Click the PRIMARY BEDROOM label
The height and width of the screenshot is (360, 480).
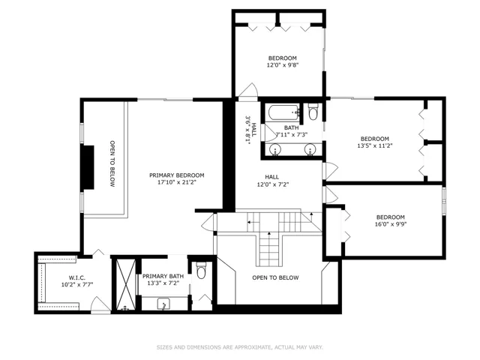(x=177, y=175)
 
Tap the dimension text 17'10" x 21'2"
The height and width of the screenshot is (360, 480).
(x=177, y=182)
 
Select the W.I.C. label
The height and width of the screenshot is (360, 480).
(x=76, y=277)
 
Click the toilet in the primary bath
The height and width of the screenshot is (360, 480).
(x=201, y=270)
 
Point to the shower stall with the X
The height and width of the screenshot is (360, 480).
(x=126, y=283)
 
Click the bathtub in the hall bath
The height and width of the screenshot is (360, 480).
(x=283, y=112)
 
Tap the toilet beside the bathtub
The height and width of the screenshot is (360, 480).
(x=313, y=112)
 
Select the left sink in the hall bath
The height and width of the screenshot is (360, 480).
(x=275, y=149)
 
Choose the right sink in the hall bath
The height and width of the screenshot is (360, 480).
(x=310, y=149)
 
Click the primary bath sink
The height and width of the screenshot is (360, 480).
(x=163, y=304)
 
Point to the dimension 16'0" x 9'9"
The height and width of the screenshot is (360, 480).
(x=391, y=224)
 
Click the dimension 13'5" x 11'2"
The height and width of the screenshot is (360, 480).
(x=375, y=145)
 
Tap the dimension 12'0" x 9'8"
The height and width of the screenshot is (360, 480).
(x=283, y=65)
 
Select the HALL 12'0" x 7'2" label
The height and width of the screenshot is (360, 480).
(x=271, y=181)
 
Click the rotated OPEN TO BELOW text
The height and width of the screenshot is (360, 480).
(x=112, y=163)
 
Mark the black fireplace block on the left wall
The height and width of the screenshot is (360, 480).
(x=88, y=167)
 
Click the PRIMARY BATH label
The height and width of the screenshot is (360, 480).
(x=163, y=276)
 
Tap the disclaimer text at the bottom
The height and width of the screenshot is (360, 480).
(x=240, y=347)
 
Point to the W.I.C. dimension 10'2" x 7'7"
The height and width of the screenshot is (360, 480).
(x=77, y=284)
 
